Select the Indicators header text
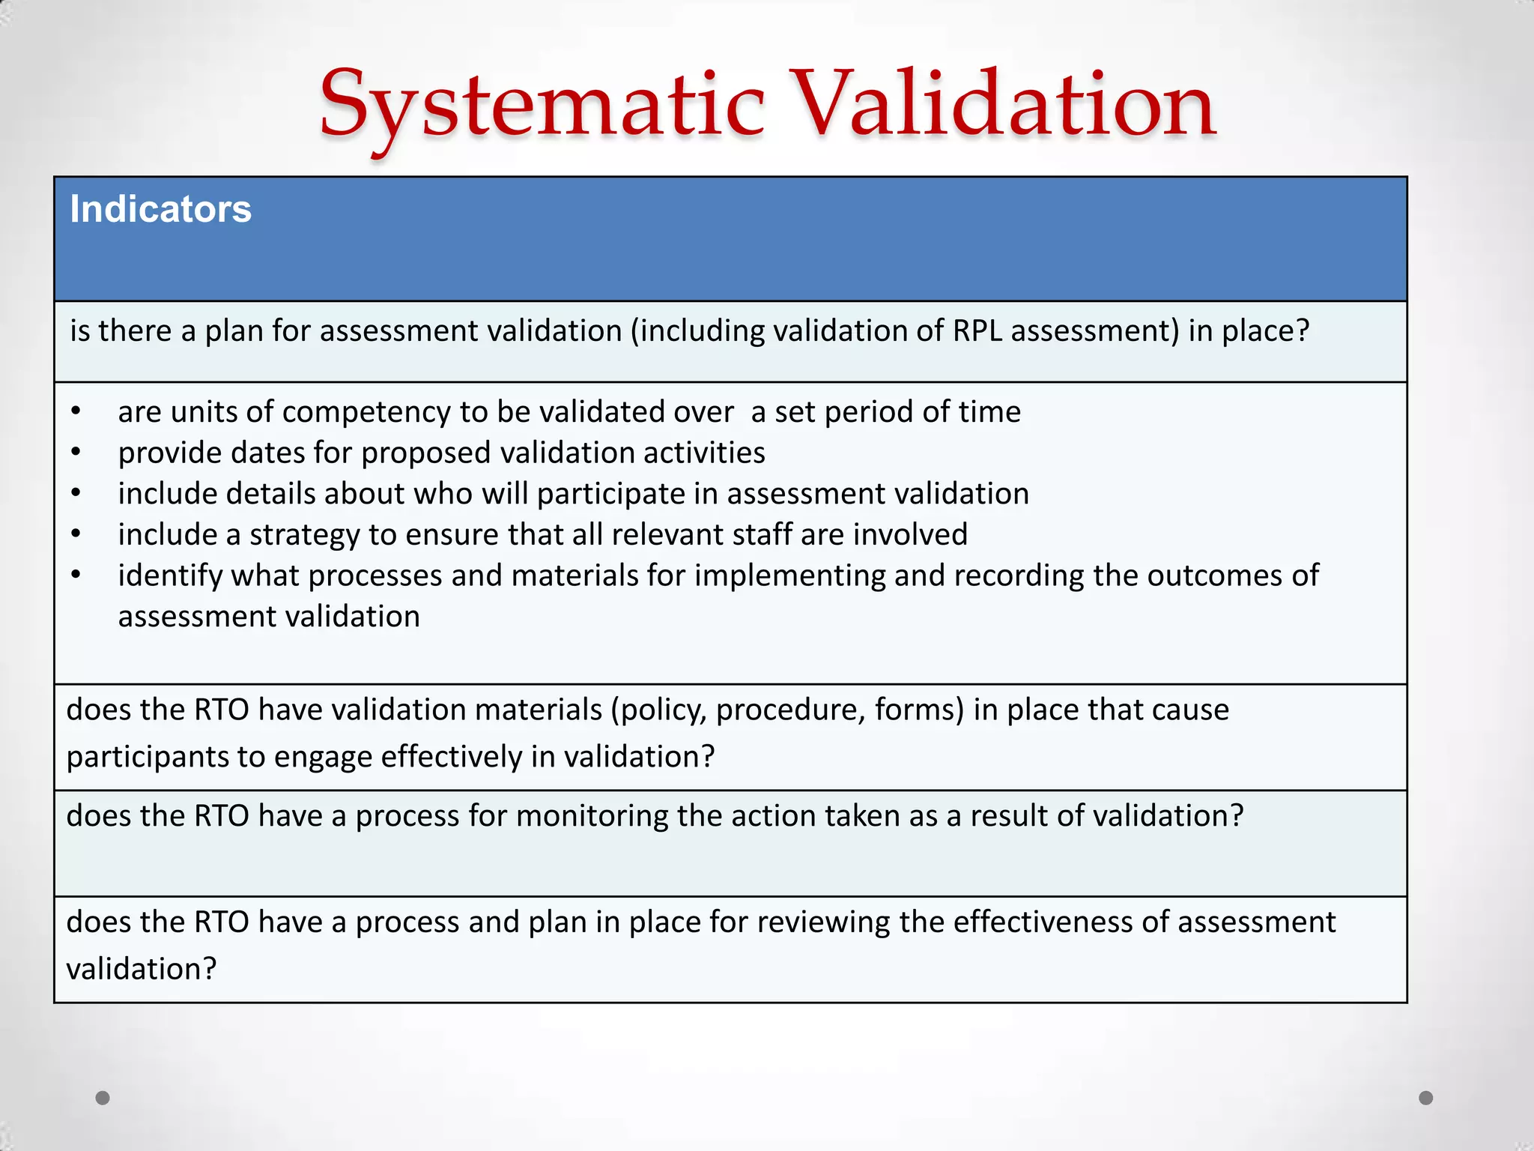(160, 209)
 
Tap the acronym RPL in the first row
(977, 330)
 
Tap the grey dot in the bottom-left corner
(103, 1098)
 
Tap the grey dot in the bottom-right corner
(1426, 1098)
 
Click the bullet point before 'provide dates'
(76, 453)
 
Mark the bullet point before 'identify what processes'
(76, 575)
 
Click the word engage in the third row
(323, 757)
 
